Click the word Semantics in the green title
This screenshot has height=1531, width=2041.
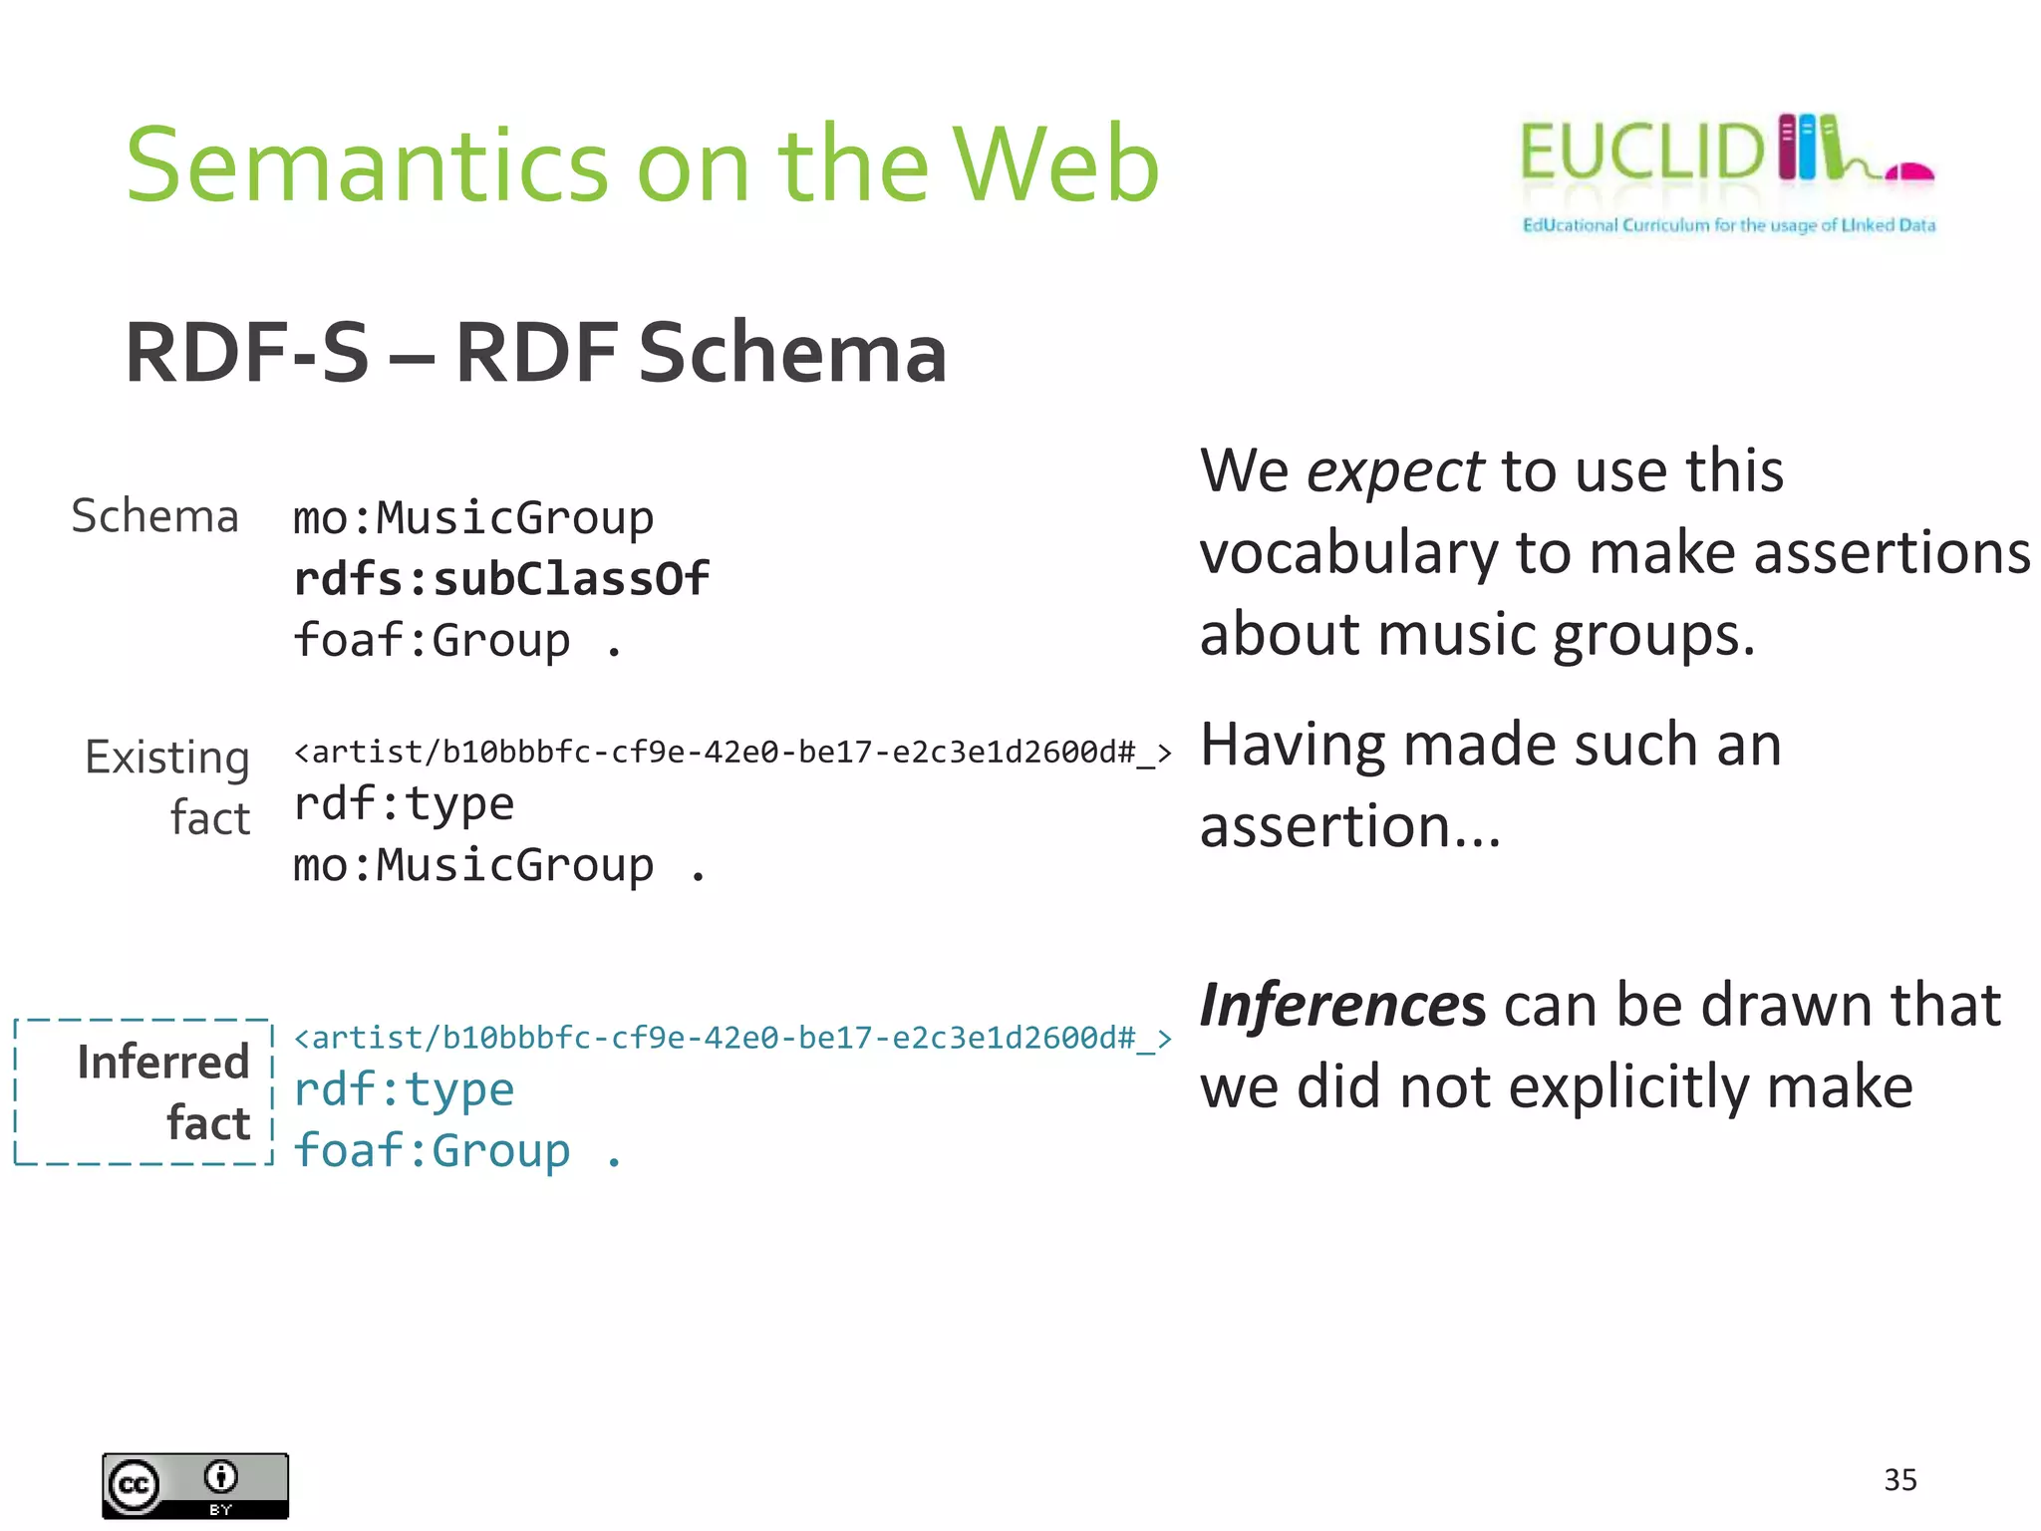point(366,164)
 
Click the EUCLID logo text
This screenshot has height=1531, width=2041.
point(1641,153)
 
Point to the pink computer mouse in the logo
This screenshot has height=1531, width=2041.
point(1909,172)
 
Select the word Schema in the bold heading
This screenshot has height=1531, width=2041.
point(791,353)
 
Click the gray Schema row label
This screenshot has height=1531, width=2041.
point(155,516)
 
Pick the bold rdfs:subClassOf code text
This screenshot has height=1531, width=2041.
point(501,579)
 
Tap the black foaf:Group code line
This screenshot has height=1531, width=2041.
point(456,640)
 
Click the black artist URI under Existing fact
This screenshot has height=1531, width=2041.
point(732,752)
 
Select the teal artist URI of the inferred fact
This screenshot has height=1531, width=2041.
point(732,1038)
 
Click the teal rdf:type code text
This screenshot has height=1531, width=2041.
point(404,1089)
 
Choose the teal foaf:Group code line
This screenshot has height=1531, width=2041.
point(456,1150)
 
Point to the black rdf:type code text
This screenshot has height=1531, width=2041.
point(404,803)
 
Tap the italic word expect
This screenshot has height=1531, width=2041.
point(1394,470)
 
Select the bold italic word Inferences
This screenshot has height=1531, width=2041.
point(1342,1005)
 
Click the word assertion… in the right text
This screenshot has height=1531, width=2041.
point(1349,826)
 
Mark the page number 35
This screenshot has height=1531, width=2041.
point(1899,1479)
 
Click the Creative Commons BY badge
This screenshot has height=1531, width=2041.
point(195,1485)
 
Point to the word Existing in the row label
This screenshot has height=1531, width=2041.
point(167,758)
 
